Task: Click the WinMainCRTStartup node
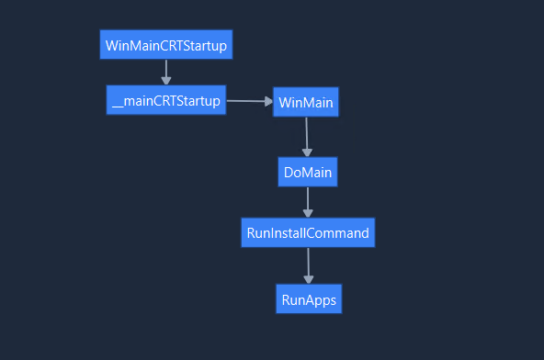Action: pyautogui.click(x=165, y=44)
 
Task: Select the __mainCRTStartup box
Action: pyautogui.click(x=165, y=100)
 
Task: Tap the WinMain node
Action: pyautogui.click(x=306, y=102)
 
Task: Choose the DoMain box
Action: pyautogui.click(x=308, y=172)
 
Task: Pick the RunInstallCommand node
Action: pyautogui.click(x=308, y=232)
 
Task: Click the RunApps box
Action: pyautogui.click(x=309, y=299)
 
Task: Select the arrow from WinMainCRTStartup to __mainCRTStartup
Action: pyautogui.click(x=166, y=71)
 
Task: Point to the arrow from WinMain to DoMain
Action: pyautogui.click(x=307, y=136)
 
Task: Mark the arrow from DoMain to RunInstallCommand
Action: pyautogui.click(x=308, y=201)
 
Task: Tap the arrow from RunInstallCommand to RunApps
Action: pyautogui.click(x=308, y=264)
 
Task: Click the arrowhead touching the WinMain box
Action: pyautogui.click(x=267, y=101)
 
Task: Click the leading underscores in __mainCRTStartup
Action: pyautogui.click(x=118, y=105)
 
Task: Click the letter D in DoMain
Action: pyautogui.click(x=289, y=172)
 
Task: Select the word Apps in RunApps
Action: pyautogui.click(x=321, y=300)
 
